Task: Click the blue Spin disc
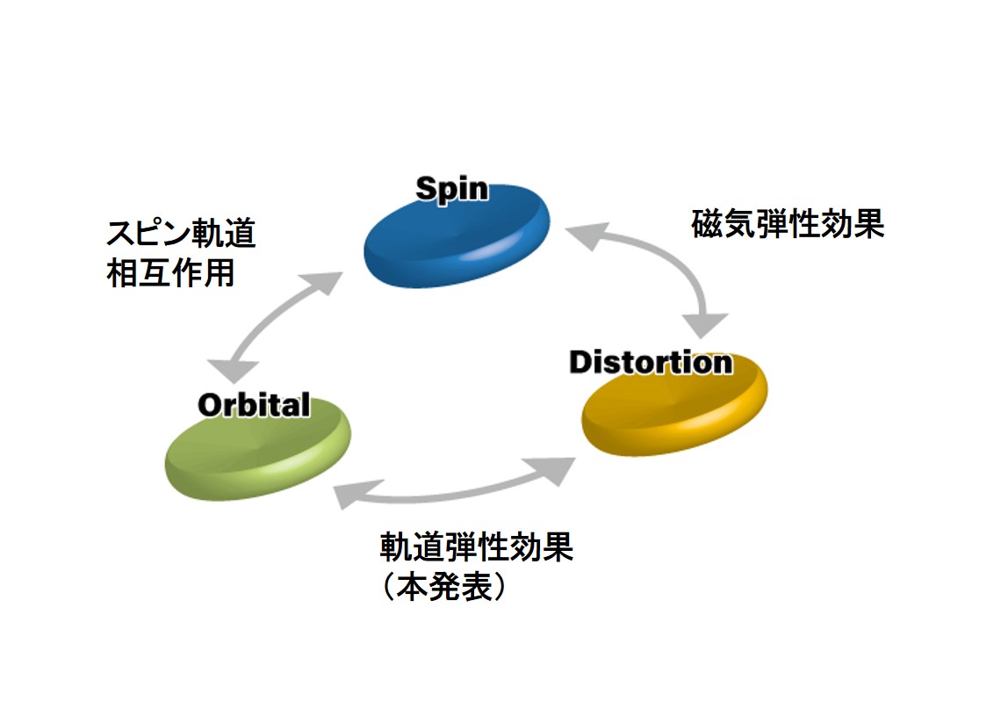pyautogui.click(x=457, y=236)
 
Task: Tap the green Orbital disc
pyautogui.click(x=258, y=448)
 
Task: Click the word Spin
pyautogui.click(x=452, y=189)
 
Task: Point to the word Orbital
pyautogui.click(x=254, y=405)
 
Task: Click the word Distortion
pyautogui.click(x=651, y=362)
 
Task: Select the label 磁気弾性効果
pyautogui.click(x=788, y=223)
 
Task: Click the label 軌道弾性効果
pyautogui.click(x=476, y=546)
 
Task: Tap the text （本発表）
pyautogui.click(x=444, y=586)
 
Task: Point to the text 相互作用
pyautogui.click(x=170, y=273)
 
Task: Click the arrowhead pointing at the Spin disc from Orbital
pyautogui.click(x=321, y=283)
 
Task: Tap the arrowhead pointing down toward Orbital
pyautogui.click(x=233, y=371)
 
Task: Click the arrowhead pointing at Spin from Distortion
pyautogui.click(x=587, y=235)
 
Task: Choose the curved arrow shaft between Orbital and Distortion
pyautogui.click(x=453, y=495)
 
